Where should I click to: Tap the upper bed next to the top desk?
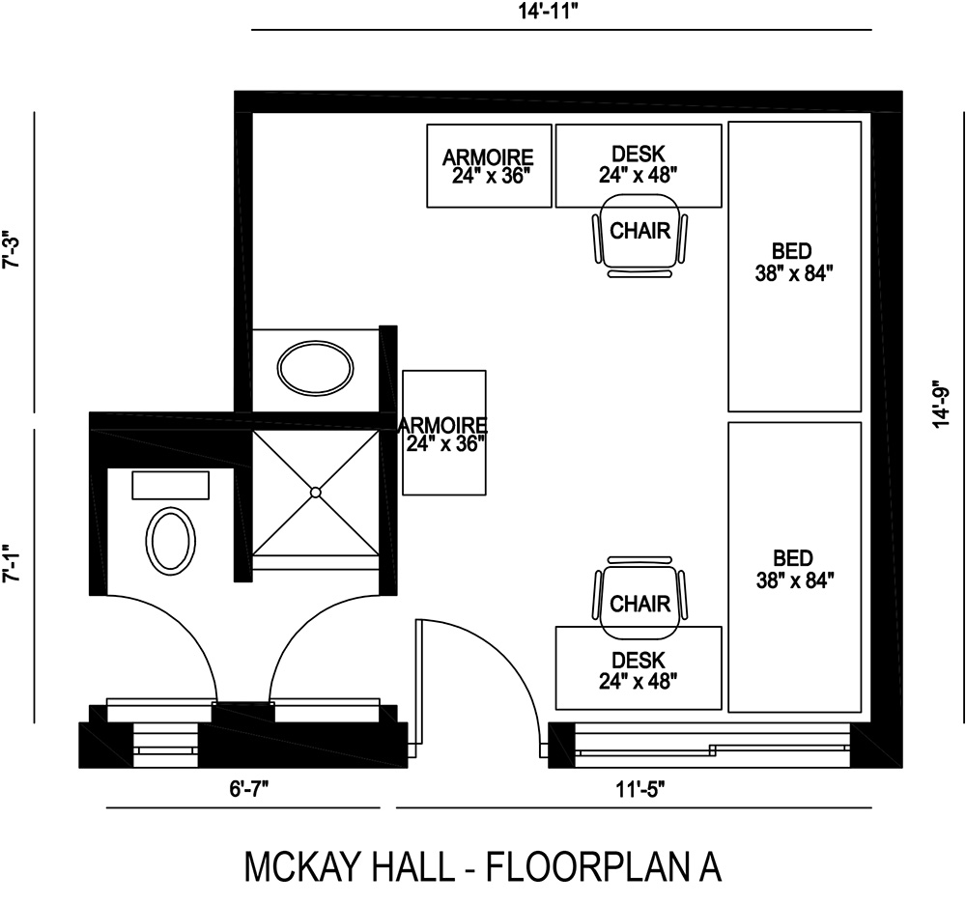coord(794,266)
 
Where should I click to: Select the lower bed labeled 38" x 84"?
coord(794,567)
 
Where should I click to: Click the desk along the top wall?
coord(639,164)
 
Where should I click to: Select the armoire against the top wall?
coord(489,164)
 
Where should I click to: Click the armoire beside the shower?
coord(443,433)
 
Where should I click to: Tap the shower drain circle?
coord(315,493)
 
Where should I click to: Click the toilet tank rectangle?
coord(170,485)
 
